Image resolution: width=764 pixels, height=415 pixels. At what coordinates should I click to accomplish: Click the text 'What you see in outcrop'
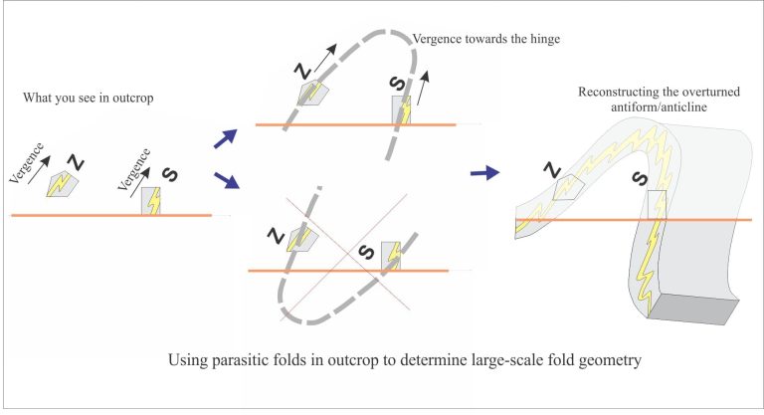point(89,98)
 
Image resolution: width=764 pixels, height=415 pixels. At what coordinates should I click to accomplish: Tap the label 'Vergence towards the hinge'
point(486,39)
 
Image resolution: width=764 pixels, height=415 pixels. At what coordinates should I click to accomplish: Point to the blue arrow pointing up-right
point(226,138)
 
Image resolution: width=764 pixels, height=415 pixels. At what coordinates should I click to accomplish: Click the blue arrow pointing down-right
point(227,180)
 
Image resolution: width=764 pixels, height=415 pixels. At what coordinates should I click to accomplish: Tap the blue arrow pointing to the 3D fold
point(484,172)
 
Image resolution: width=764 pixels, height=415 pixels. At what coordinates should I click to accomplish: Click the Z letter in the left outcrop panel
point(76,162)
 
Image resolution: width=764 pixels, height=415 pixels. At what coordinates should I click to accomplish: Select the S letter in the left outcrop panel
point(169,174)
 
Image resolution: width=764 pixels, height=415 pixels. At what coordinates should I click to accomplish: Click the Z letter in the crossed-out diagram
point(277,236)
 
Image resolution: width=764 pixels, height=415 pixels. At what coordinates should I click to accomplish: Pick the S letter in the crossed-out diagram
point(366,252)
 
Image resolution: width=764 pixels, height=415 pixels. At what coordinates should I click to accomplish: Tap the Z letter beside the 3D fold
point(552,170)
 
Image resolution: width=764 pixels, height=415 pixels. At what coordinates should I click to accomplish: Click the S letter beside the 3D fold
point(640,178)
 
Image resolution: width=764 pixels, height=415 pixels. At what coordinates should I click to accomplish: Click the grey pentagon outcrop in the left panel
point(62,184)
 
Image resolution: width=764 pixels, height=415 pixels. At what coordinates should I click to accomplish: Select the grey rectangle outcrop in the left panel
point(151,201)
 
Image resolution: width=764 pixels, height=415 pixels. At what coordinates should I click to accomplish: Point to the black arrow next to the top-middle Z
point(325,58)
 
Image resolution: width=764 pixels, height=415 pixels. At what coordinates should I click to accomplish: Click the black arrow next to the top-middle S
point(424,88)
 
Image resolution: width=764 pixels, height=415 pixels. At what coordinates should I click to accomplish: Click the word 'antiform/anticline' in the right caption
point(659,106)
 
